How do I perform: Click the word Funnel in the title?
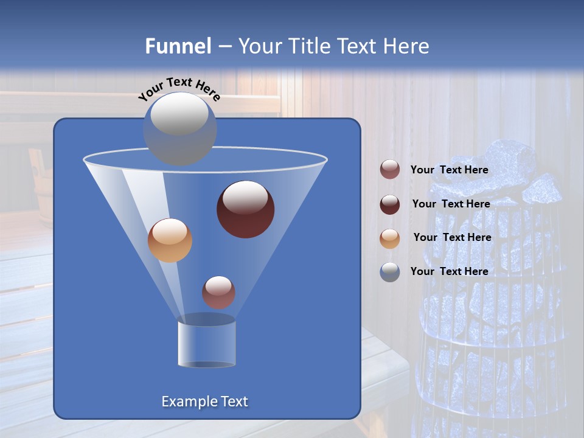tap(178, 46)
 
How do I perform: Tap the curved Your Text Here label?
tap(179, 89)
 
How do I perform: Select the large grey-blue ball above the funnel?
tap(179, 128)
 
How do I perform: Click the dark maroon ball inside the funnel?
tap(245, 209)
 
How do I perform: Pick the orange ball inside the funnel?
tap(170, 240)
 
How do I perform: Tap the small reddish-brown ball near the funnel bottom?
tap(218, 292)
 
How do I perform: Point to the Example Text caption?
tap(204, 401)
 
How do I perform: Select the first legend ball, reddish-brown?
tap(390, 170)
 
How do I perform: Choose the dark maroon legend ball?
tap(390, 204)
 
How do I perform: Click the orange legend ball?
tap(390, 238)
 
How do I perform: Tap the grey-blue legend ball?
tap(390, 271)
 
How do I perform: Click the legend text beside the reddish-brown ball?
tap(449, 170)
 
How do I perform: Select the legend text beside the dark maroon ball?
tap(451, 204)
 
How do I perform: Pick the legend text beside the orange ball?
tap(452, 237)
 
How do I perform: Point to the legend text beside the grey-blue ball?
tap(449, 271)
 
